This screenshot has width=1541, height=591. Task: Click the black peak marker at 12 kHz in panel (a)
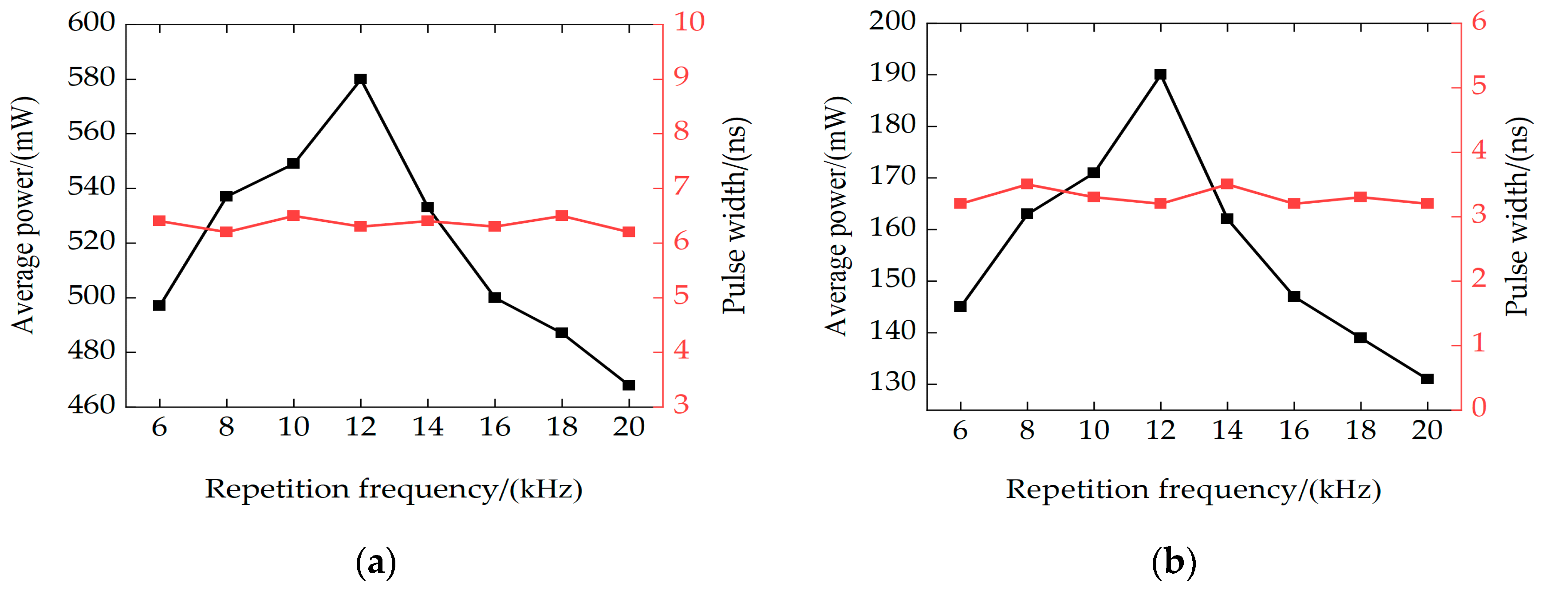[360, 79]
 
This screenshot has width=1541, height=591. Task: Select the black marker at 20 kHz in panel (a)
[628, 385]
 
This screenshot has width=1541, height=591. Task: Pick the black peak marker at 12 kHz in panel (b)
[1161, 75]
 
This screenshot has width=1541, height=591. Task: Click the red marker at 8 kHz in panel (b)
[1027, 184]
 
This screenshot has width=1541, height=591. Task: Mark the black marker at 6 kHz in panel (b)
[960, 306]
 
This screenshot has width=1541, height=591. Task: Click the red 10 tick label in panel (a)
[689, 22]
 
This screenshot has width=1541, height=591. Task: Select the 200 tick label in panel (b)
[892, 22]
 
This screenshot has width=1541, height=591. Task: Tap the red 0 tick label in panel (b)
[1479, 407]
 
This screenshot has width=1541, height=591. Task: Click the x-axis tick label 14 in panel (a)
[428, 427]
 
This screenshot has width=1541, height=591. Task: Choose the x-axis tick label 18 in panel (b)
[1360, 430]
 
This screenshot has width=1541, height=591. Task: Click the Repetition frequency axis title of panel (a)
[394, 489]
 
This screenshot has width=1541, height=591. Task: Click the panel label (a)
[376, 563]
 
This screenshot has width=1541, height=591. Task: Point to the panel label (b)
[1174, 563]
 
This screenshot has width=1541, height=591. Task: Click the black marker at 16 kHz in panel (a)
[494, 297]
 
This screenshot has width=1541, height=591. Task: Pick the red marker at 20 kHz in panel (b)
[1427, 203]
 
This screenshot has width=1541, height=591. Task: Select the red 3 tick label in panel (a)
[682, 406]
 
